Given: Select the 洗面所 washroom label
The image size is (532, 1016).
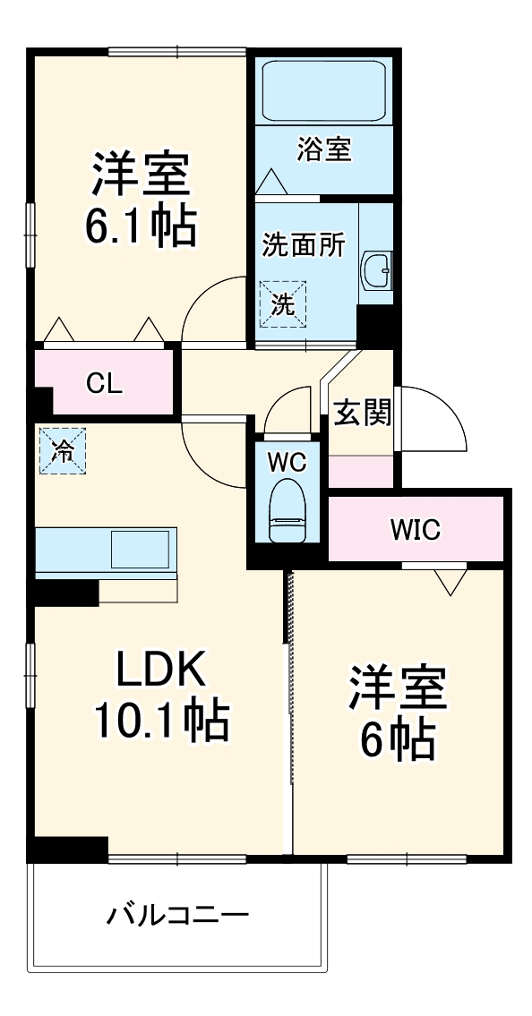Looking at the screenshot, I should click(x=304, y=246).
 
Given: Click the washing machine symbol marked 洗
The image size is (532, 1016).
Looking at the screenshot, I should click(x=283, y=303).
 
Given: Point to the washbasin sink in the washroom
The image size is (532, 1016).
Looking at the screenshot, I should click(x=376, y=269).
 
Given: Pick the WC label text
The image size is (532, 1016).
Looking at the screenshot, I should click(x=287, y=463).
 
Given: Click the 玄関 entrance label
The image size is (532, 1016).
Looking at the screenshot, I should click(x=363, y=414).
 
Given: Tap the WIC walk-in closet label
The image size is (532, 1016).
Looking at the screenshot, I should click(x=415, y=530).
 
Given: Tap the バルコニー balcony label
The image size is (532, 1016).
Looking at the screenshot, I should click(x=177, y=915).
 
